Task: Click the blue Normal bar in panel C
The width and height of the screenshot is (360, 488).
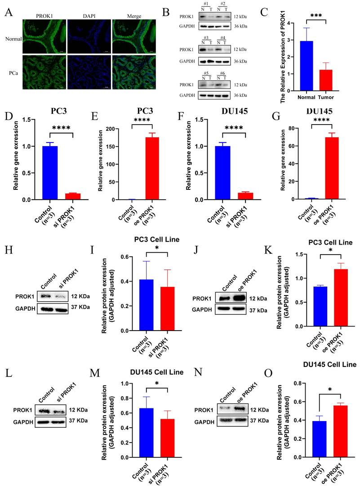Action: tap(306, 66)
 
